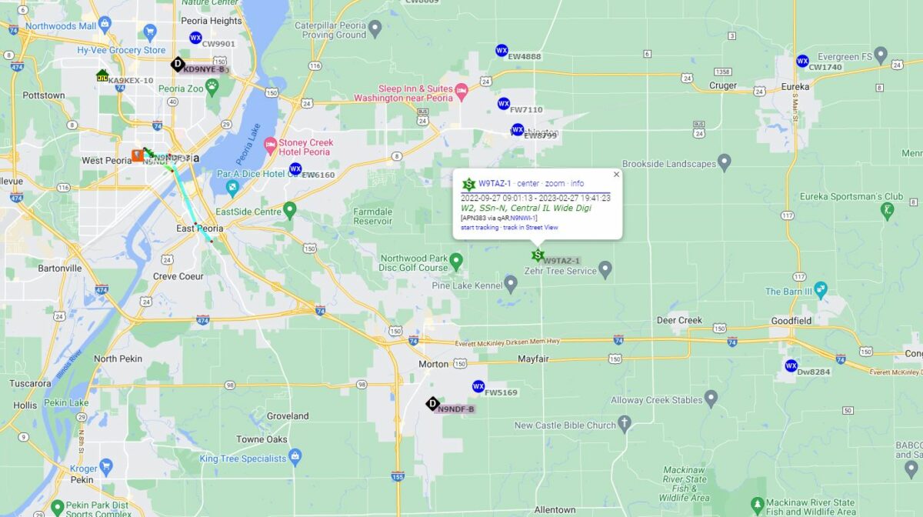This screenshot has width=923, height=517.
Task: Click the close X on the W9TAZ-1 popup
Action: pyautogui.click(x=616, y=175)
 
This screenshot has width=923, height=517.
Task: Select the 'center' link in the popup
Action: pyautogui.click(x=528, y=183)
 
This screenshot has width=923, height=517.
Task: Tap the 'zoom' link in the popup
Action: pyautogui.click(x=555, y=183)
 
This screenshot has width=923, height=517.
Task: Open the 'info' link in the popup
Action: pyautogui.click(x=577, y=183)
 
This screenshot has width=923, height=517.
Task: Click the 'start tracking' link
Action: pyautogui.click(x=480, y=228)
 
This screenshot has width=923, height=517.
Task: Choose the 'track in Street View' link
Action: pyautogui.click(x=531, y=228)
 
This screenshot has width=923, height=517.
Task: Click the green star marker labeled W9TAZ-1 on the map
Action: pyautogui.click(x=538, y=255)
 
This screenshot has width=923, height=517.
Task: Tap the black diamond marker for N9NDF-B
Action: pyautogui.click(x=432, y=403)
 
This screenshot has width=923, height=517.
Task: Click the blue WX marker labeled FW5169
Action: pyautogui.click(x=478, y=386)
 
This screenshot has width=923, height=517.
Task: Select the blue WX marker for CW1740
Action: pyautogui.click(x=802, y=61)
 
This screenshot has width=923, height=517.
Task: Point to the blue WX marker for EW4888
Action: pyautogui.click(x=501, y=51)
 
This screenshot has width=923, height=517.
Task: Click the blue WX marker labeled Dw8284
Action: pyautogui.click(x=791, y=365)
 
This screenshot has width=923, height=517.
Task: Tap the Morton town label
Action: pyautogui.click(x=433, y=364)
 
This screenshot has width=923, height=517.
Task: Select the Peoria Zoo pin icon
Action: pyautogui.click(x=212, y=85)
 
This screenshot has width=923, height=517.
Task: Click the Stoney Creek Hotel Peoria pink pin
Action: pyautogui.click(x=270, y=145)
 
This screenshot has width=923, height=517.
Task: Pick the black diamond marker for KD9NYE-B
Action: pyautogui.click(x=178, y=64)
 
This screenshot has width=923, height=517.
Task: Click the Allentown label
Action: pyautogui.click(x=555, y=510)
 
